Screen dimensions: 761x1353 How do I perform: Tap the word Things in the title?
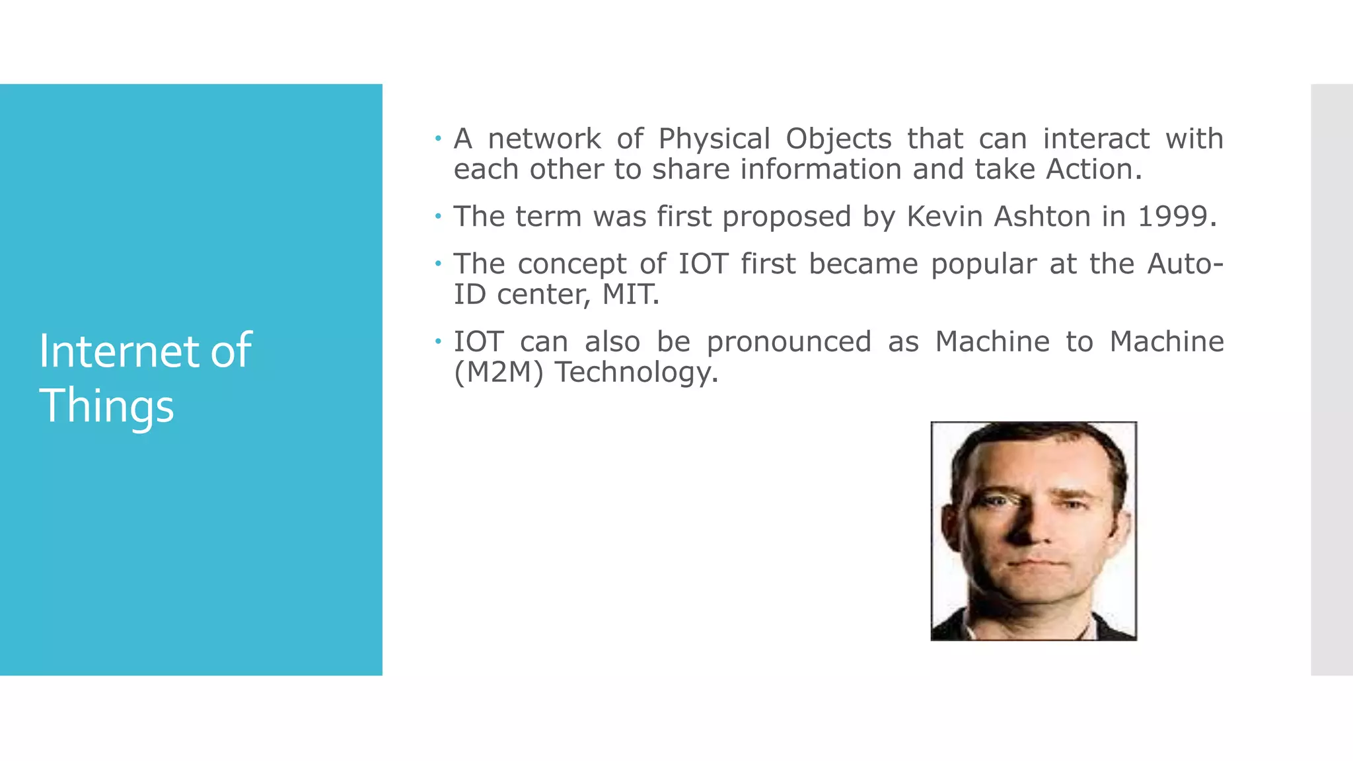(x=106, y=406)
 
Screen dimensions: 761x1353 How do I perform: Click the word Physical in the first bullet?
(x=714, y=139)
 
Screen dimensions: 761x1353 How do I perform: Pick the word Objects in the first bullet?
(x=838, y=139)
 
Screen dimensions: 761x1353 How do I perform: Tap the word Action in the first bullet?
(x=1093, y=170)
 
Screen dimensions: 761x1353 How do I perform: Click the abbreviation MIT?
(x=630, y=295)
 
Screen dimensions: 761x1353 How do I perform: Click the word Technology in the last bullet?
(x=636, y=373)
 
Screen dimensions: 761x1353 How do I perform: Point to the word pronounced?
(x=789, y=342)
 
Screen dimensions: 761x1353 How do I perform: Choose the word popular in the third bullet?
(x=984, y=264)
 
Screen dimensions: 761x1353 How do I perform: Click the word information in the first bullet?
(x=821, y=170)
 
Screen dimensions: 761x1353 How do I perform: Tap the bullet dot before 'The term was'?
(x=437, y=216)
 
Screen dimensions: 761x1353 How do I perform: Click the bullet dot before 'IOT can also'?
(x=437, y=342)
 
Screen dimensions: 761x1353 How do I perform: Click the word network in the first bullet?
(x=544, y=139)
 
